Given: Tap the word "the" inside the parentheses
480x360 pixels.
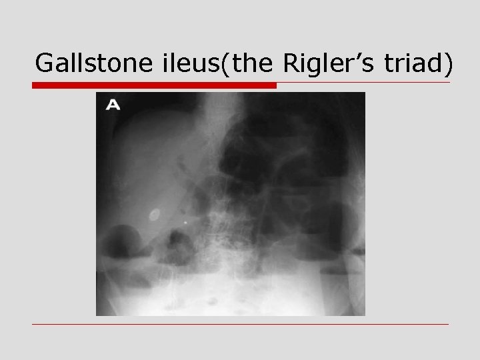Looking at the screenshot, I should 251,63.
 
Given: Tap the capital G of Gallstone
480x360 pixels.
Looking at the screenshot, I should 45,63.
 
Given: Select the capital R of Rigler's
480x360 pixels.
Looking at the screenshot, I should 293,63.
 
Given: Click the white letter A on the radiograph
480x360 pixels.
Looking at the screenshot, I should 113,104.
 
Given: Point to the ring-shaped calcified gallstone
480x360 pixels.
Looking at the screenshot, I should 155,215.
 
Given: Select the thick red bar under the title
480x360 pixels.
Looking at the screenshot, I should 154,85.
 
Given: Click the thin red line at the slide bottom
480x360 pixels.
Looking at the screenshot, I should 240,325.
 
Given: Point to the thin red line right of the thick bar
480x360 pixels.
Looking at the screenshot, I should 363,83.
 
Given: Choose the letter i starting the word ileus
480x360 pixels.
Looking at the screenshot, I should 163,63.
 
